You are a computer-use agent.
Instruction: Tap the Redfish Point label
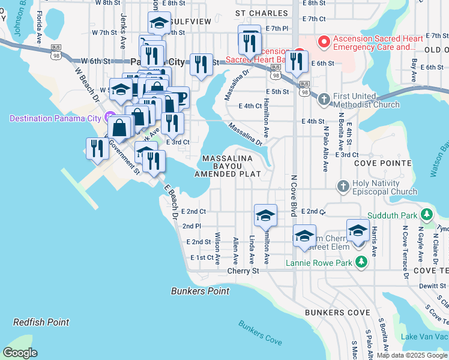[41, 322]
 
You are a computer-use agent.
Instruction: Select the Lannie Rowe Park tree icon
[361, 262]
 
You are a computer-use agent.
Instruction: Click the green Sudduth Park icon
[426, 214]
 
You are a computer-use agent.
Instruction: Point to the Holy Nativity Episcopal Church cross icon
[343, 187]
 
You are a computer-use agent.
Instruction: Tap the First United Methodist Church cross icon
[324, 98]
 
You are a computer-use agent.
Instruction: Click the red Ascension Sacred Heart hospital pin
[324, 41]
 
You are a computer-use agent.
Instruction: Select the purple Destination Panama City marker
[109, 118]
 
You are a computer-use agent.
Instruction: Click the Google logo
[20, 353]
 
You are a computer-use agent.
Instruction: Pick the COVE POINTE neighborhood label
[382, 163]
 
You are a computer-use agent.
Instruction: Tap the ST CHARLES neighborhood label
[258, 12]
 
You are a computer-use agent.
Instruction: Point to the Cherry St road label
[243, 271]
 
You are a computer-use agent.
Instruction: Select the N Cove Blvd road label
[294, 196]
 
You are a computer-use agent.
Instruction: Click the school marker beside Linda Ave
[265, 215]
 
